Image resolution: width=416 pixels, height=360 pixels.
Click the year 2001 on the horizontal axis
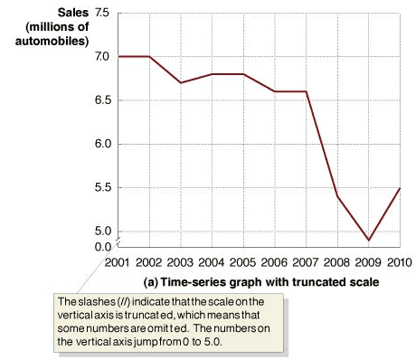tap(118, 262)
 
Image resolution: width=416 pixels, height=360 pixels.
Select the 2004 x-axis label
tap(213, 262)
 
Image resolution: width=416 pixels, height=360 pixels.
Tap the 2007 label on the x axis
tap(306, 262)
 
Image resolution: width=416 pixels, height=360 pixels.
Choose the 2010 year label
tap(398, 262)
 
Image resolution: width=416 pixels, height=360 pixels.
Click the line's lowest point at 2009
tap(368, 241)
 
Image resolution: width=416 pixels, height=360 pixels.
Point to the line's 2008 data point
tap(337, 196)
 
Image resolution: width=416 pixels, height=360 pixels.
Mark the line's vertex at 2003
tap(181, 82)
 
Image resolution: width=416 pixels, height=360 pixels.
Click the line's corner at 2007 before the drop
tap(306, 91)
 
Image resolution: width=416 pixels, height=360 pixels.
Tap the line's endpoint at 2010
tap(399, 188)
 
